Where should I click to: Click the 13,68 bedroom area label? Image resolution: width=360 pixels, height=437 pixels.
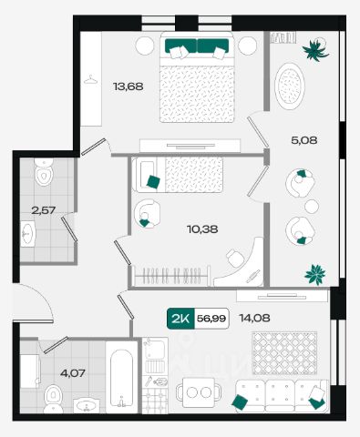pyautogui.click(x=128, y=86)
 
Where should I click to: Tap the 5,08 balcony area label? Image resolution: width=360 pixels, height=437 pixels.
pyautogui.click(x=304, y=140)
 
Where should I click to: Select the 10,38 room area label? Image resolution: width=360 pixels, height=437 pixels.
pyautogui.click(x=202, y=229)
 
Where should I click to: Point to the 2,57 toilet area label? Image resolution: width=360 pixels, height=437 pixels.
pyautogui.click(x=44, y=209)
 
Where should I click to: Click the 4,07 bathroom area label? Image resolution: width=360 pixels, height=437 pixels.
pyautogui.click(x=73, y=372)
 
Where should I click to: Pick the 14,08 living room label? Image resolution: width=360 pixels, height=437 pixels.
pyautogui.click(x=254, y=318)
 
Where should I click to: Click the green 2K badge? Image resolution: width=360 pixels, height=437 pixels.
pyautogui.click(x=180, y=319)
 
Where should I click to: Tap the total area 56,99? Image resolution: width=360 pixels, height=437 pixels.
pyautogui.click(x=211, y=319)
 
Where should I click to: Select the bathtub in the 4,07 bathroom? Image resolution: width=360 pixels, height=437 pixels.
pyautogui.click(x=121, y=377)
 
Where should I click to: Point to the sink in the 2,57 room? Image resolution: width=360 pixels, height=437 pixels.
pyautogui.click(x=28, y=234)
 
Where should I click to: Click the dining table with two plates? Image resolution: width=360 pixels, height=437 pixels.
pyautogui.click(x=200, y=392)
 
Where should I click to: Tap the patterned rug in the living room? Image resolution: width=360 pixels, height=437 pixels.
pyautogui.click(x=284, y=353)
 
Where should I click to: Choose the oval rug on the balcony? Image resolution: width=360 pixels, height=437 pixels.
pyautogui.click(x=290, y=86)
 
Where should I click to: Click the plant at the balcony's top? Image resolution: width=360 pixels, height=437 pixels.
pyautogui.click(x=315, y=50)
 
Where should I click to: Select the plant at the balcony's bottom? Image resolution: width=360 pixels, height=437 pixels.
pyautogui.click(x=315, y=274)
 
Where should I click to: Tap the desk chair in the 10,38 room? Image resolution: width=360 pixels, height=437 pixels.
pyautogui.click(x=236, y=259)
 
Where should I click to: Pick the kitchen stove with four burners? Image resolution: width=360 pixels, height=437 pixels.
pyautogui.click(x=155, y=400)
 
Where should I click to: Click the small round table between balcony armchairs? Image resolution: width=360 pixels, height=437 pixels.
pyautogui.click(x=312, y=207)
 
